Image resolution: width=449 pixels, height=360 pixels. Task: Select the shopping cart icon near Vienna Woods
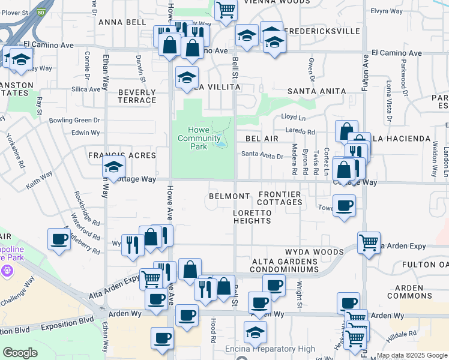(x=226, y=10)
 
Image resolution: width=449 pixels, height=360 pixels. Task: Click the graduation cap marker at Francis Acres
(x=113, y=169)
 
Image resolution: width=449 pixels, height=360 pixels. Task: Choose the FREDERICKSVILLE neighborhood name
(x=322, y=31)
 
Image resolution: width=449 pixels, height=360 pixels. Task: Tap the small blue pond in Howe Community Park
(x=221, y=142)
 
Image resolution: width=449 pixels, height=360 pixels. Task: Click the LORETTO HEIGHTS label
(x=252, y=221)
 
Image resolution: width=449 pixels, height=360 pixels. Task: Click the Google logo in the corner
(x=20, y=353)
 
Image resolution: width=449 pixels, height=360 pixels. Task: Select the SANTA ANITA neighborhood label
(x=316, y=91)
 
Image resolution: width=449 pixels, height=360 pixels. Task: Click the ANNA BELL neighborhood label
(x=122, y=22)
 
